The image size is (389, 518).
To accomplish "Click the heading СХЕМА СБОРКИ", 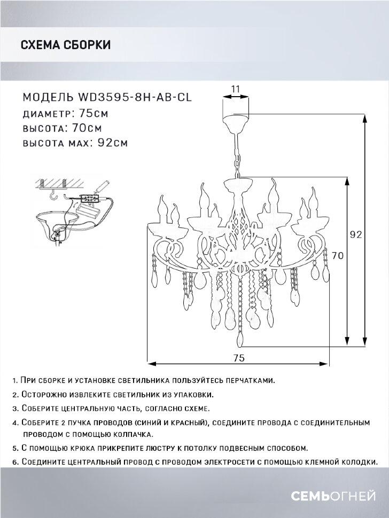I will click(65, 45).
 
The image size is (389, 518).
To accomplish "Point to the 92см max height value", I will click(113, 143).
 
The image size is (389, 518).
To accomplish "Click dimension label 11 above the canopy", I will click(235, 89).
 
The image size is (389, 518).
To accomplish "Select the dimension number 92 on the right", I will click(356, 234).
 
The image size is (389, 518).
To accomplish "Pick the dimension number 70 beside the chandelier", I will click(337, 255).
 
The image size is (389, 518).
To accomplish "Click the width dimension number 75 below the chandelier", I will click(239, 357).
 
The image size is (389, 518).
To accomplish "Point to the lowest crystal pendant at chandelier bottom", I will click(240, 340).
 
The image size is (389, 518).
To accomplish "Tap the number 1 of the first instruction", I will click(13, 381).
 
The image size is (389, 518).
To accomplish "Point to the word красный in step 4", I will click(187, 422).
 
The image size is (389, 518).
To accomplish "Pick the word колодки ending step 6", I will click(358, 461).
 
